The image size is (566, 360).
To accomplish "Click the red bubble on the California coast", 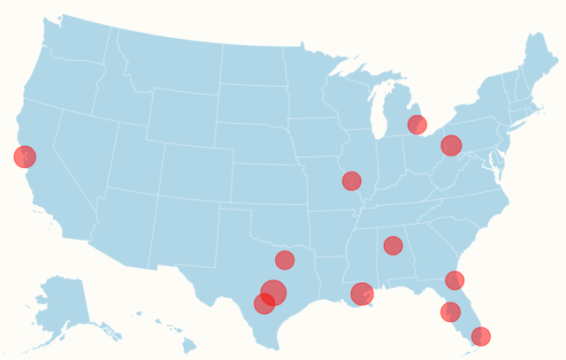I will (25, 157).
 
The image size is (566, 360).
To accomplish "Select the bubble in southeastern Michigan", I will (417, 125).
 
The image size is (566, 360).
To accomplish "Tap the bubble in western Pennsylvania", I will (451, 145).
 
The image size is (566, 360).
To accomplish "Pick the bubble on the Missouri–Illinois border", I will (352, 180).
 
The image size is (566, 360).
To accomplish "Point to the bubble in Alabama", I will (394, 245).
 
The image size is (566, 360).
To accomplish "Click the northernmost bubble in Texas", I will (285, 259).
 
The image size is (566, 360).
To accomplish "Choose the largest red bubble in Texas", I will (274, 292).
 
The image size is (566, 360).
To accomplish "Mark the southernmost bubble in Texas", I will (264, 304).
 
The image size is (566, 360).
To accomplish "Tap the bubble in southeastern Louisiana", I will (362, 294).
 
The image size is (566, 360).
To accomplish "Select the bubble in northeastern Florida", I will (455, 280).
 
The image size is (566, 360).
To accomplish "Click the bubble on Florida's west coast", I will (450, 311).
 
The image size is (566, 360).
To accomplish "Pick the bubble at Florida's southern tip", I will (480, 336).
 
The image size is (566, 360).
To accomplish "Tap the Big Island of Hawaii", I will (189, 346).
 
